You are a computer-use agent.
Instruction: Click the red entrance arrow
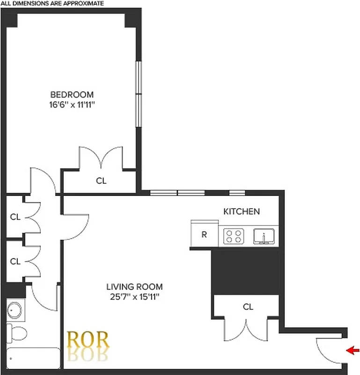click(x=353, y=350)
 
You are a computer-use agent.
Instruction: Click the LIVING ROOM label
click(x=134, y=286)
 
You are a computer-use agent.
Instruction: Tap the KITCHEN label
click(x=241, y=211)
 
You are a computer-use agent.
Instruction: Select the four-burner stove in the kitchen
click(x=234, y=236)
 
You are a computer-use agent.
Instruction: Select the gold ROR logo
click(x=88, y=340)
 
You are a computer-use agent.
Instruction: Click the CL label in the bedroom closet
click(x=101, y=180)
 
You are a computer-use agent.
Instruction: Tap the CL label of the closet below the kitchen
click(x=248, y=307)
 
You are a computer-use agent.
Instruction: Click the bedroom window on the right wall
click(x=139, y=94)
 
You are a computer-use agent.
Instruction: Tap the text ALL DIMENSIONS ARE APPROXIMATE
click(x=52, y=3)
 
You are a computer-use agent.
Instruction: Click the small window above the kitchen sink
click(x=237, y=192)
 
